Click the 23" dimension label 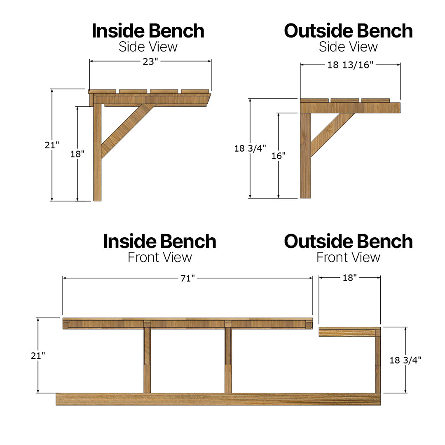pos(150,61)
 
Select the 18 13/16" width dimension pos(350,65)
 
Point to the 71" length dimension pos(187,279)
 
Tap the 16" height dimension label pos(279,155)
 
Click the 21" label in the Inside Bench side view pos(52,145)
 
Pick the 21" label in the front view pos(38,356)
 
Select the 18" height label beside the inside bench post pos(77,154)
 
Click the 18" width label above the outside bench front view pos(349,278)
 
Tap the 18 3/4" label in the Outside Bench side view pos(250,148)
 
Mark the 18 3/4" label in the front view pos(405,360)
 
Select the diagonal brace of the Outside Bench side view pos(332,134)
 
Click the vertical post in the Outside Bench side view pos(305,157)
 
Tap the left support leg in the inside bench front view pos(147,358)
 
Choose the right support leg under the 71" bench pos(228,358)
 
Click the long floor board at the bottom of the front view pos(218,399)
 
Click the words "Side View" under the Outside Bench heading pos(348,47)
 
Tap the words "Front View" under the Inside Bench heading pos(159,257)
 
